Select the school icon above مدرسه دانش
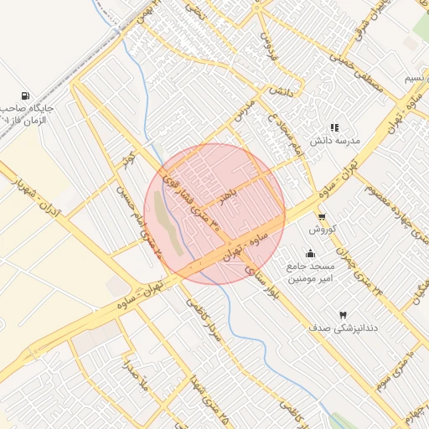[334, 128]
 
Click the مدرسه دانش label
[335, 142]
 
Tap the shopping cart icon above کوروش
[323, 215]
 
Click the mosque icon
[311, 254]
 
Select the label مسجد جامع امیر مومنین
[311, 272]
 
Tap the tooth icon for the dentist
[342, 314]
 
